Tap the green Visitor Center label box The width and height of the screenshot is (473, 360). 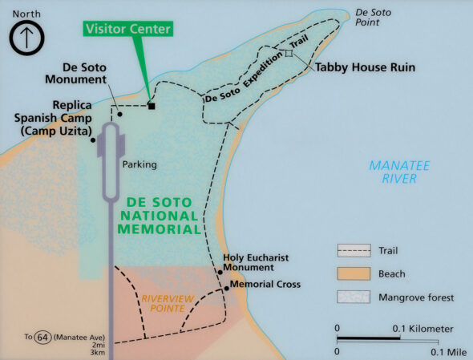pos(129,30)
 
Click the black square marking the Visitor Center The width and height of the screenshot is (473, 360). pos(151,106)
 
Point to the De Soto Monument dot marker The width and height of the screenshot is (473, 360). pos(119,114)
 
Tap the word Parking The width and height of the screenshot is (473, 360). pos(139,164)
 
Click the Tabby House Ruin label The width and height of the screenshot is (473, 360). pos(364,67)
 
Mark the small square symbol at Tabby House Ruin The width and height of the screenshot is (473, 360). pos(289,53)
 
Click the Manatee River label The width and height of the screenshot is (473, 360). pos(399,172)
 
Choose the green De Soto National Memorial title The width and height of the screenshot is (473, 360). pos(158,216)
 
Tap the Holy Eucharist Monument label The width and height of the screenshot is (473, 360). pos(256,262)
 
